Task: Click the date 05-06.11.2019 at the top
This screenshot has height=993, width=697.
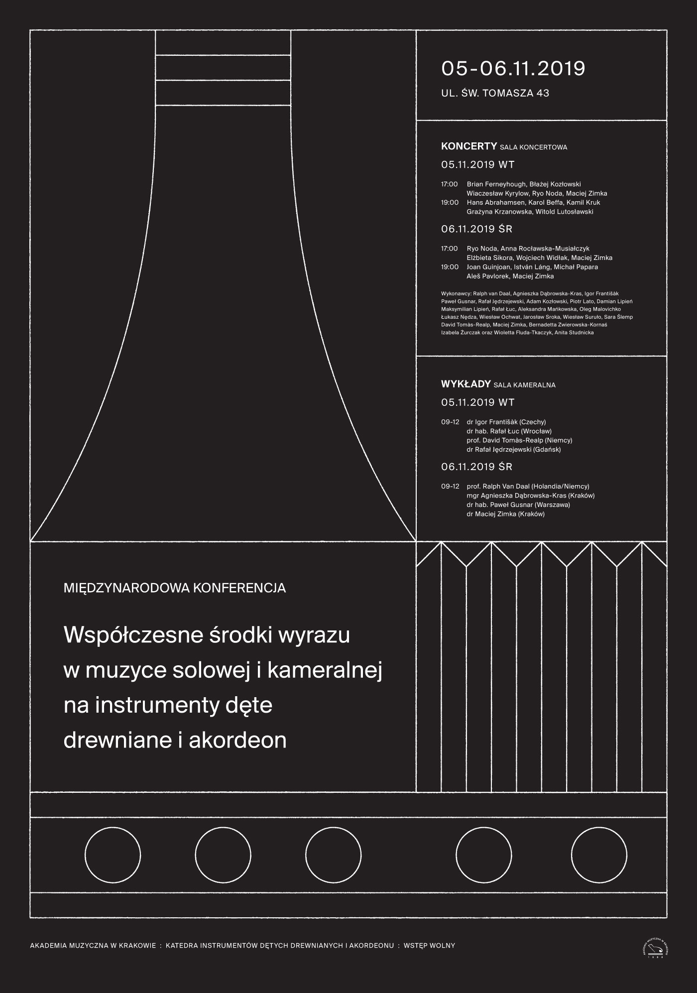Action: (513, 68)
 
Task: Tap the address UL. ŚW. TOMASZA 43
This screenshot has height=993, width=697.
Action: (495, 93)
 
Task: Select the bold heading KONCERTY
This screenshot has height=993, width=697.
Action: (468, 146)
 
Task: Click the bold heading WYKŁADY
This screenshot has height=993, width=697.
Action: (466, 384)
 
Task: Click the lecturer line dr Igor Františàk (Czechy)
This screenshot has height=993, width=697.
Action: (506, 422)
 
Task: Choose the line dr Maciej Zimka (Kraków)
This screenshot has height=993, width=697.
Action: (505, 514)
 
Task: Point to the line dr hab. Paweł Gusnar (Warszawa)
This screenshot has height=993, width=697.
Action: (518, 504)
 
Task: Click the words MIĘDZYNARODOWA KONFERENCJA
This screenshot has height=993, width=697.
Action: (175, 588)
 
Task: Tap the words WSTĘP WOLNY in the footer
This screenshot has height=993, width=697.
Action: (429, 946)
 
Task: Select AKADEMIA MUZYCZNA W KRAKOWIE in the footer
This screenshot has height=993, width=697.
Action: (93, 946)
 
